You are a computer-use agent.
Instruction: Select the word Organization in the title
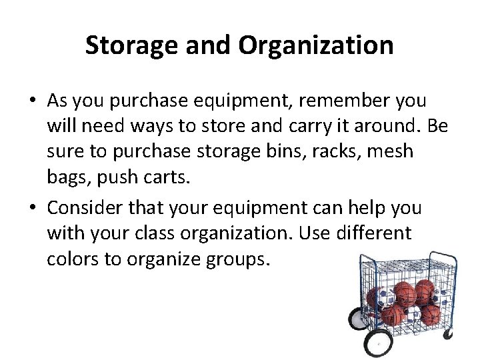[x=315, y=45]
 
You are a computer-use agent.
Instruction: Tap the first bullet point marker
[x=33, y=101]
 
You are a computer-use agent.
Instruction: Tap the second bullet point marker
[x=33, y=209]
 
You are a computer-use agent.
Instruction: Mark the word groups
[x=233, y=259]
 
